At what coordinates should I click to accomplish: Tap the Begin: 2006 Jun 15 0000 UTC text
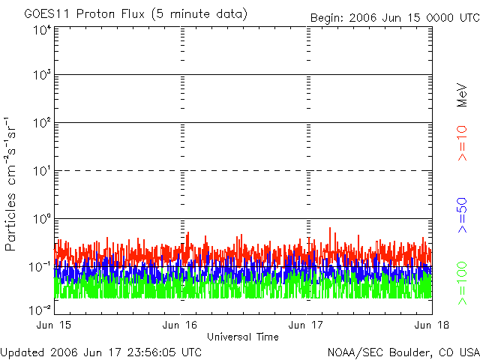click(394, 17)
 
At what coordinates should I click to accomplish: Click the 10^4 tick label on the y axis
click(41, 31)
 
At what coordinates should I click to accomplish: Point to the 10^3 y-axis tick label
click(41, 76)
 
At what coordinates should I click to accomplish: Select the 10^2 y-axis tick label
click(41, 124)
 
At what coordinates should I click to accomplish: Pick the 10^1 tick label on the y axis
click(41, 172)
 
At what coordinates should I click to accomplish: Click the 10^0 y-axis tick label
click(41, 220)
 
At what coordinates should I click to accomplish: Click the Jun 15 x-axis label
click(55, 325)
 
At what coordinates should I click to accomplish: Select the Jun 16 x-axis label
click(181, 325)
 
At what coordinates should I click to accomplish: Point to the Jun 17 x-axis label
click(307, 325)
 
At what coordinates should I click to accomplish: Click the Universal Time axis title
click(243, 337)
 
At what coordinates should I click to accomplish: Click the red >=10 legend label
click(463, 143)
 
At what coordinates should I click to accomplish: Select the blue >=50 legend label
click(463, 214)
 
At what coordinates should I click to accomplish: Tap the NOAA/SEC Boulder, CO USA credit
click(403, 352)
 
